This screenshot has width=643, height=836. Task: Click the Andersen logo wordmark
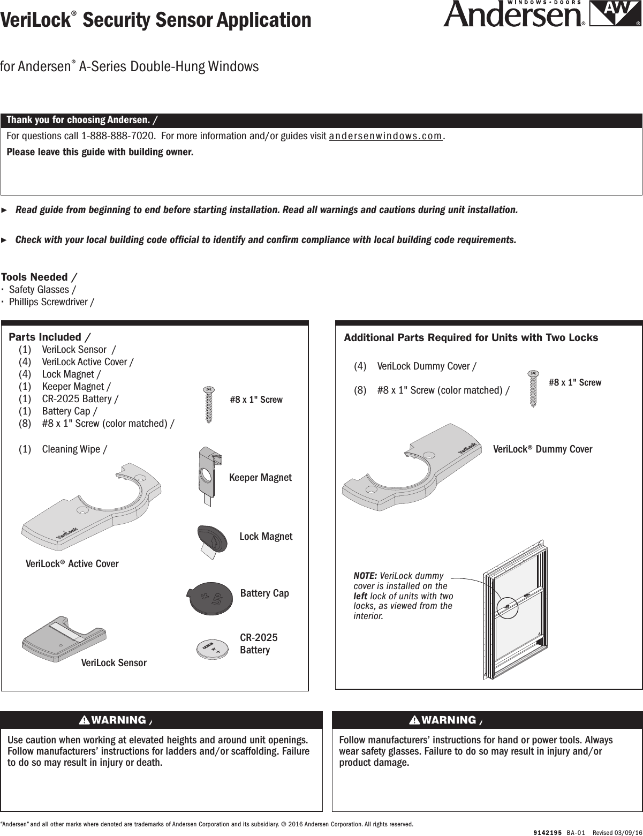tap(513, 16)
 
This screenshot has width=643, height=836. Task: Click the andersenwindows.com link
tap(385, 136)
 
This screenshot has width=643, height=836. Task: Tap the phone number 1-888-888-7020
tap(118, 136)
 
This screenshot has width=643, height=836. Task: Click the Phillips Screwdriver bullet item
tap(51, 302)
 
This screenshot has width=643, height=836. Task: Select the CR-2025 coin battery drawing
tap(213, 648)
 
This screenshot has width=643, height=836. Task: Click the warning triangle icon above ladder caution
tap(84, 720)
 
